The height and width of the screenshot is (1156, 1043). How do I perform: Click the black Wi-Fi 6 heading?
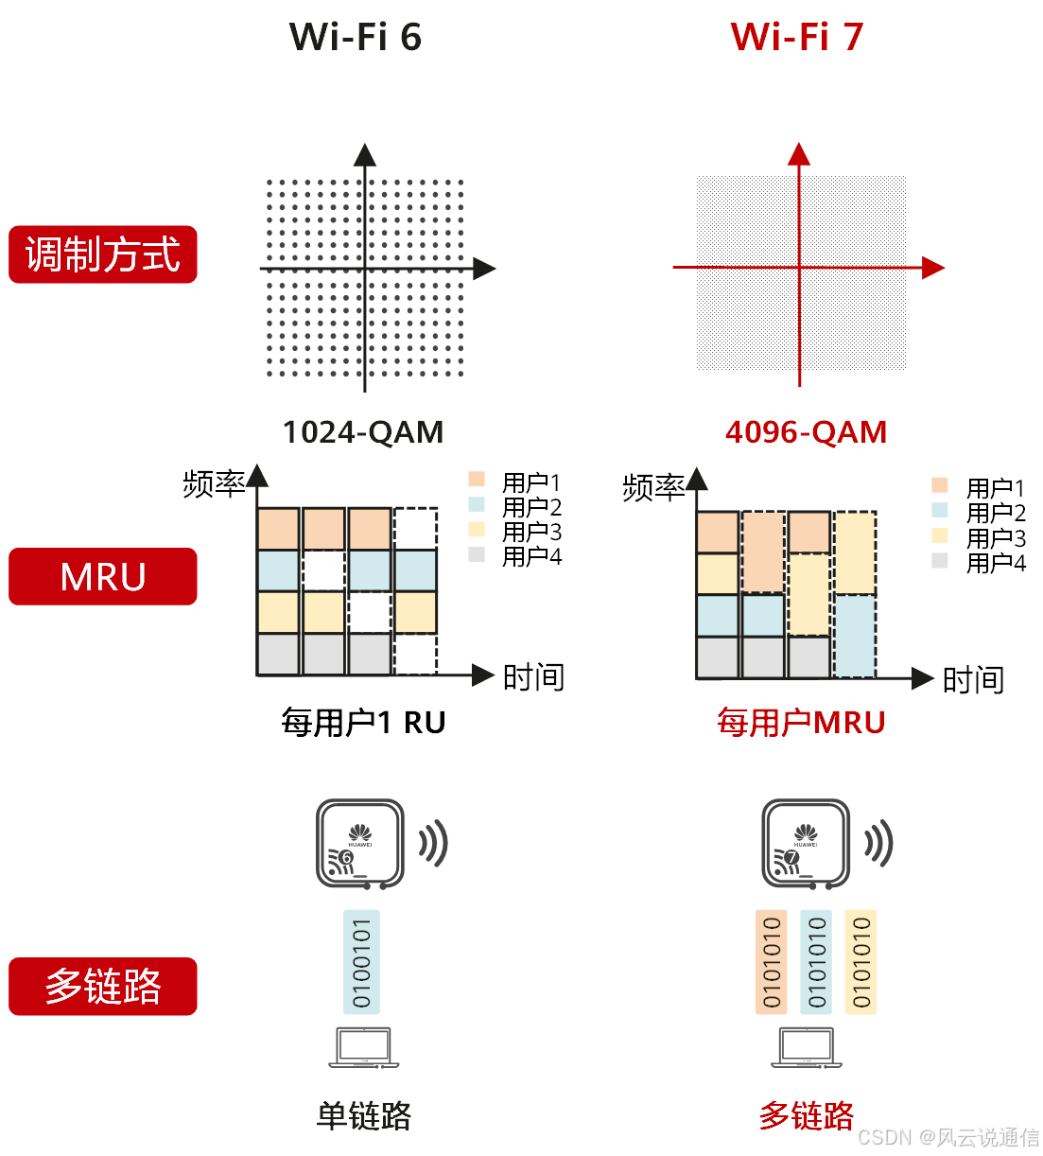click(355, 37)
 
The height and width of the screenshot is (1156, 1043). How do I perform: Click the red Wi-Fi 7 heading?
click(797, 37)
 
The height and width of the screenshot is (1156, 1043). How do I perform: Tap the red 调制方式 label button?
click(103, 254)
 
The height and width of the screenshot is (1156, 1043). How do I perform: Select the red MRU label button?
click(103, 576)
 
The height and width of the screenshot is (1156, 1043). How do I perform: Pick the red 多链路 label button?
click(103, 986)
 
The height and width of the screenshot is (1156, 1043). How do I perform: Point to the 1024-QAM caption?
click(363, 432)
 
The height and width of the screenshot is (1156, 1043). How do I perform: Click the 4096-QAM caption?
click(806, 432)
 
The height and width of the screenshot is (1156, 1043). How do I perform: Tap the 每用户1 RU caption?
click(363, 723)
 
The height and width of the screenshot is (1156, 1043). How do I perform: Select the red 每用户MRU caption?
click(801, 723)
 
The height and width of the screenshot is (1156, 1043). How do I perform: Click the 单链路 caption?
click(364, 1116)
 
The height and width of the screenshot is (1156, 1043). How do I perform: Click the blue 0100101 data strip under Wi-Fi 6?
click(361, 962)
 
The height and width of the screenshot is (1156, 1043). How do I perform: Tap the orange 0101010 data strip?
click(772, 962)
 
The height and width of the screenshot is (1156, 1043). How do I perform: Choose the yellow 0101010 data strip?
click(860, 962)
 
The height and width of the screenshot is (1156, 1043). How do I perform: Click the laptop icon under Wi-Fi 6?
click(364, 1048)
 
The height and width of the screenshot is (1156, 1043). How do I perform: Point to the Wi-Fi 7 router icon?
click(806, 844)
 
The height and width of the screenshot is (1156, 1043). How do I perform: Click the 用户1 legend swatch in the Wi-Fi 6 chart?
click(477, 480)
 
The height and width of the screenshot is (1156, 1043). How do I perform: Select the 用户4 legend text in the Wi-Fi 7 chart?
click(996, 563)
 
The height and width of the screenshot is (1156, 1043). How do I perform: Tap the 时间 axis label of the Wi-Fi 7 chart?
click(973, 680)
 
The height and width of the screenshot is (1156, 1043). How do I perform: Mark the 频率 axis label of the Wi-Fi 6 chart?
click(214, 484)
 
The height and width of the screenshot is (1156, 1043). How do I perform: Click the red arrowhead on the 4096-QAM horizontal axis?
click(933, 268)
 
